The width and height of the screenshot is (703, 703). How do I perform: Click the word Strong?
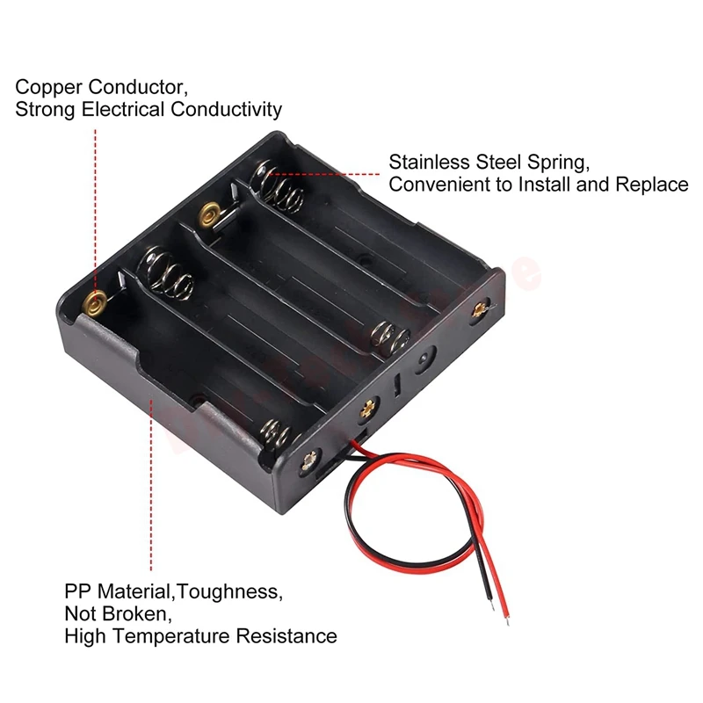45,110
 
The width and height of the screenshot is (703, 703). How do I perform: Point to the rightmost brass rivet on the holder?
480,308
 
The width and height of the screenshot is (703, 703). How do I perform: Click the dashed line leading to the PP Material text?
151,483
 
